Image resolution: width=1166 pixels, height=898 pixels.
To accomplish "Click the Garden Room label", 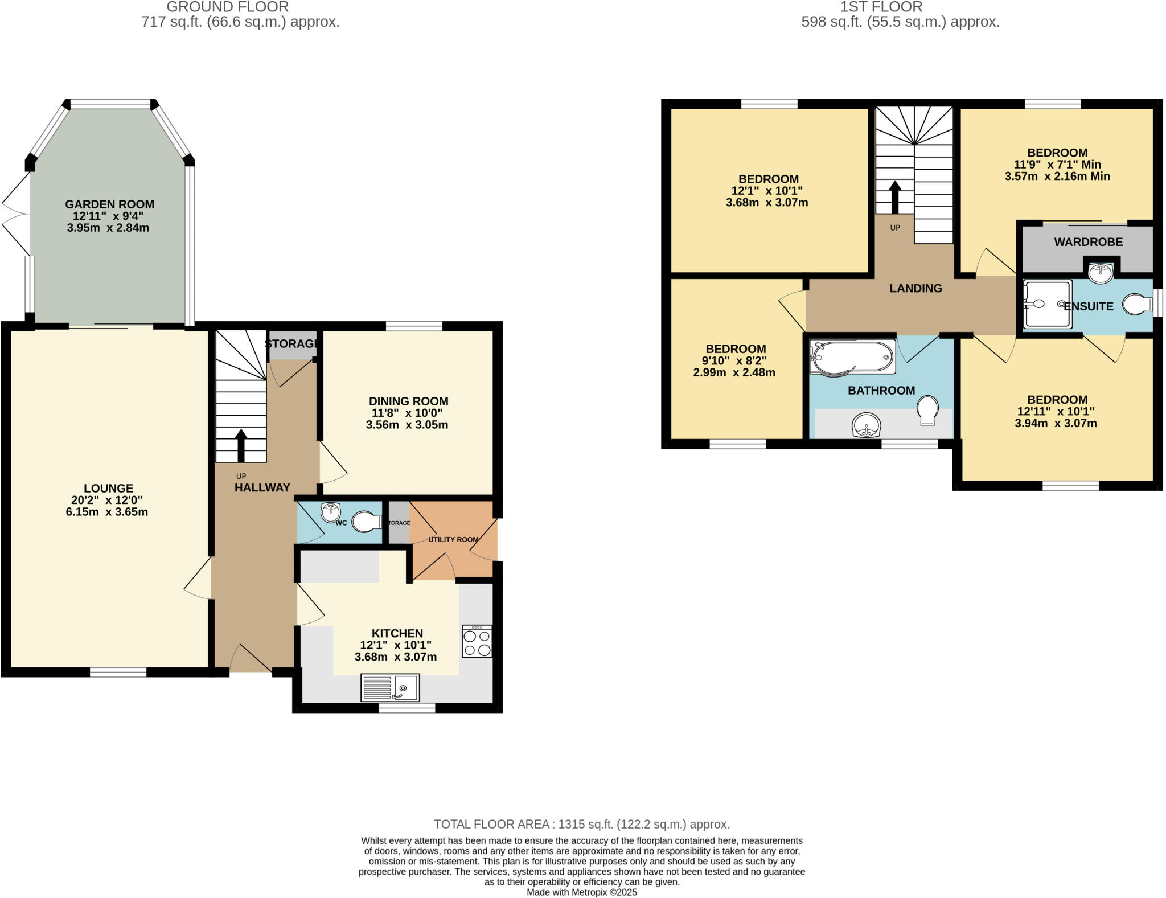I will click(x=109, y=204).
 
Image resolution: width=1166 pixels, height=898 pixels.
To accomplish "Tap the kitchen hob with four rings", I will click(x=477, y=642).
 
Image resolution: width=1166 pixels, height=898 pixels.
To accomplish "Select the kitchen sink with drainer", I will click(x=390, y=688).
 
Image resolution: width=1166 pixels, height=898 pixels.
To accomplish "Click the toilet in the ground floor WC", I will click(x=367, y=522).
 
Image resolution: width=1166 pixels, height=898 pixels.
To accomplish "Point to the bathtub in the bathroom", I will click(x=852, y=358).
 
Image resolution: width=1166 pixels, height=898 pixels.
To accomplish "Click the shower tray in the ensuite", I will click(x=1046, y=304).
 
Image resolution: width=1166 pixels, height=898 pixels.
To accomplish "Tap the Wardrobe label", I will click(x=1088, y=242).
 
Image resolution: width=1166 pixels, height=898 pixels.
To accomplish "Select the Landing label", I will click(x=915, y=288).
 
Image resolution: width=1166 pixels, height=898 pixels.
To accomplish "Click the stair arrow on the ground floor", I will click(x=241, y=445).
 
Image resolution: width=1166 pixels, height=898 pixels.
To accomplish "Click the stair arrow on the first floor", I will click(x=895, y=196).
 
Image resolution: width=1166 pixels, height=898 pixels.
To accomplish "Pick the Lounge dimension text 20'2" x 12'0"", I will click(x=107, y=500).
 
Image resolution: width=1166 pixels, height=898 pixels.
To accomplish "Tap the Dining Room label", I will click(x=408, y=401).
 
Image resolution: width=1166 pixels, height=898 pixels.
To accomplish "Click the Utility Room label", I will click(x=453, y=539).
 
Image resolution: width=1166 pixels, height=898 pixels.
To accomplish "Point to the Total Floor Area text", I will click(x=581, y=824).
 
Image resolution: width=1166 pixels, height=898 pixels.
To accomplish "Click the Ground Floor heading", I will click(x=228, y=7).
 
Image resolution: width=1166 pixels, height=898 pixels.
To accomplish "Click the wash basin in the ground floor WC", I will click(x=331, y=512).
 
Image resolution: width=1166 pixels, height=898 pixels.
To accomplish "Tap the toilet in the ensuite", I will click(x=1138, y=305).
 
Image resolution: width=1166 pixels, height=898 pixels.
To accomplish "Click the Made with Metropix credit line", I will click(x=581, y=892).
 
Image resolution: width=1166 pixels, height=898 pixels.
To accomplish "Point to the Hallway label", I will click(x=262, y=487).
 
